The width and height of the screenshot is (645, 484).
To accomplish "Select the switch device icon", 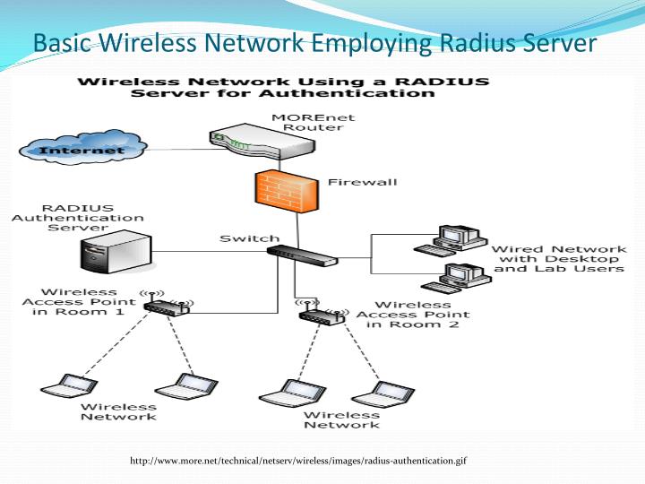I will point(302,255).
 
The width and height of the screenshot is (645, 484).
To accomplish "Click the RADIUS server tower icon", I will point(114,254).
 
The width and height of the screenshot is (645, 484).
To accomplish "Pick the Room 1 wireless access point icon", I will point(167,304).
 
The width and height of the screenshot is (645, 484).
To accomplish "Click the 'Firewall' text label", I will point(362,183).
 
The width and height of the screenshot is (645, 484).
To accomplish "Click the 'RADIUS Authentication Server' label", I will point(77,218).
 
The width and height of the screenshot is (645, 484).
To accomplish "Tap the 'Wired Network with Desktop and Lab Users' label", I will point(559,258).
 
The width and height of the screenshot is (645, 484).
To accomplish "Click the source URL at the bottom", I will point(298,461).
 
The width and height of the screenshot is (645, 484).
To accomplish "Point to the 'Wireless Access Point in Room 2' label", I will point(413,315).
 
